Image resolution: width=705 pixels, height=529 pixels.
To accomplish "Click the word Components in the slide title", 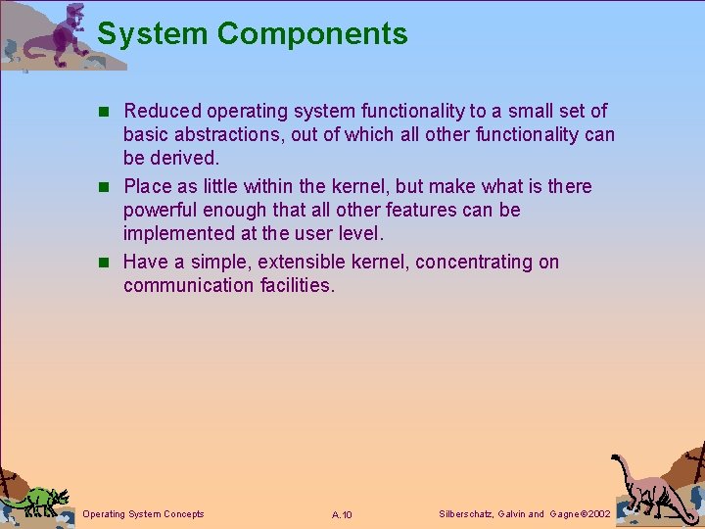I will pos(312,34).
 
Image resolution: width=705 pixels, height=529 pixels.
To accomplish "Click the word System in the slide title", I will pos(153,34).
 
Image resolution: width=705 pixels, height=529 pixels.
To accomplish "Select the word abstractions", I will pos(230,135).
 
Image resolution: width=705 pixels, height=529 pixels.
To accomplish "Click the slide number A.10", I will pos(342,514).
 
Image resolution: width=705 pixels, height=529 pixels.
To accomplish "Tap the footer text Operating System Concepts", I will pos(144,514).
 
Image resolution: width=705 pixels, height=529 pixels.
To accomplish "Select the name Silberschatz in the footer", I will pos(465,514).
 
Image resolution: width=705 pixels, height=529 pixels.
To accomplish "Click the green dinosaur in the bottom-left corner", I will pos(36,499).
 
